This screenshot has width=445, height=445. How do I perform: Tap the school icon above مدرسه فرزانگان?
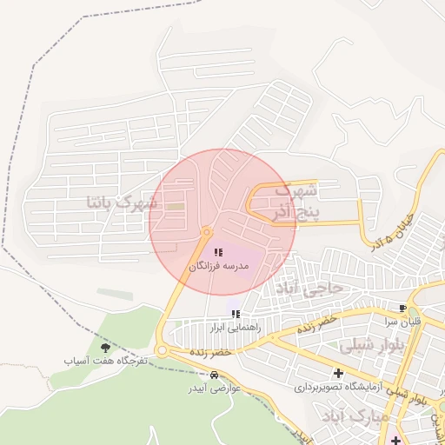coord(218,252)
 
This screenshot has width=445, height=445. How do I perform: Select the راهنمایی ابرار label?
coord(229,328)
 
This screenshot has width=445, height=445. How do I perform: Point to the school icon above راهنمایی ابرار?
coord(235,314)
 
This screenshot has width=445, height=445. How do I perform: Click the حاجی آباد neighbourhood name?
coord(310,286)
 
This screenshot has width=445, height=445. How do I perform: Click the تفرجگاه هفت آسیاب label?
coord(106,360)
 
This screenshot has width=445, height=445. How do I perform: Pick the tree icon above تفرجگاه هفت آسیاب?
coord(106,347)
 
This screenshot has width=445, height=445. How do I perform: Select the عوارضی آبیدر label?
coord(214,389)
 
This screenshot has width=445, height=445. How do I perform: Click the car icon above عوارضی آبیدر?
coord(214,375)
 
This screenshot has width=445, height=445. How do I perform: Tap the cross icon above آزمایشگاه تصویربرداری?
coord(338,373)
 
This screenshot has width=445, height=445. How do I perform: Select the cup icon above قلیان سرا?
coord(402,309)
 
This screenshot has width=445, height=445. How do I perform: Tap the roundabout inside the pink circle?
coord(207,232)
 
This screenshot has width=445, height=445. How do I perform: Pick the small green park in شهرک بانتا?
coord(176,207)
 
